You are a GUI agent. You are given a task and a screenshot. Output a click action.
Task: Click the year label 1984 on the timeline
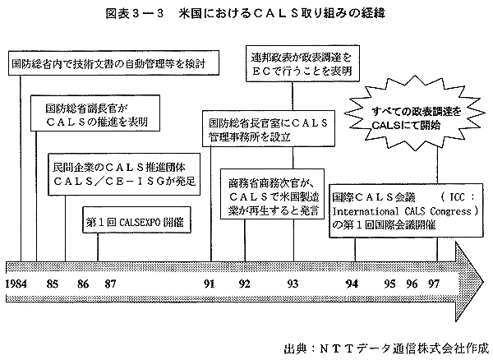pyautogui.click(x=16, y=284)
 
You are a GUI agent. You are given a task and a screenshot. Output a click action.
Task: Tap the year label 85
pyautogui.click(x=53, y=284)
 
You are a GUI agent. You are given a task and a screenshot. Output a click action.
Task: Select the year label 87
pyautogui.click(x=110, y=284)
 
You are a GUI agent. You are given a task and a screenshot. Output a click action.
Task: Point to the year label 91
pyautogui.click(x=209, y=284)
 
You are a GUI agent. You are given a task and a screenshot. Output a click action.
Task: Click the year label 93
pyautogui.click(x=293, y=284)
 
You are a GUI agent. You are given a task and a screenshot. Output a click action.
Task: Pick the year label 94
pyautogui.click(x=352, y=284)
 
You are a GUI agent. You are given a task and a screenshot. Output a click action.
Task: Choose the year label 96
pyautogui.click(x=412, y=284)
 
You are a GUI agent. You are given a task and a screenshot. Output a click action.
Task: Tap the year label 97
pyautogui.click(x=434, y=284)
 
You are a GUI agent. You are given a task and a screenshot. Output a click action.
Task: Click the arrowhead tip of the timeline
pyautogui.click(x=483, y=281)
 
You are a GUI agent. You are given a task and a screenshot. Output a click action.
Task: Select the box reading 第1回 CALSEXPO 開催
pyautogui.click(x=136, y=219)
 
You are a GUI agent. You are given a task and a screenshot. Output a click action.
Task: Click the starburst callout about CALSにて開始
pyautogui.click(x=415, y=118)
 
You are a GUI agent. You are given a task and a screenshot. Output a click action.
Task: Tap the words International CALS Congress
pyautogui.click(x=403, y=211)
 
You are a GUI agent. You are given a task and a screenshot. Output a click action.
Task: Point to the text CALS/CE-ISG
pyautogui.click(x=104, y=182)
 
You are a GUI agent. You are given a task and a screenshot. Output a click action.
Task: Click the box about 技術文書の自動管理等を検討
pyautogui.click(x=113, y=63)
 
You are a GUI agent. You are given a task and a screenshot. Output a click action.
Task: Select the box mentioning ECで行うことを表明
pyautogui.click(x=302, y=63)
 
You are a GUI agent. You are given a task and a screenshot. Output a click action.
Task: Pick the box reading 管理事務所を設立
pyautogui.click(x=269, y=128)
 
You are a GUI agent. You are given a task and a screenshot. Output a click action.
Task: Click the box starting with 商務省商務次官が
pyautogui.click(x=272, y=194)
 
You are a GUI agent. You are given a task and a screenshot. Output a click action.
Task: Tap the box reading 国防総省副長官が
pyautogui.click(x=95, y=113)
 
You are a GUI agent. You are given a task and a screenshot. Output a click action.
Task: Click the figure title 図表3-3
pyautogui.click(x=135, y=13)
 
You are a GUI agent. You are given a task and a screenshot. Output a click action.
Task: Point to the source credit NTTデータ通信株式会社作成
pyautogui.click(x=386, y=349)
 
